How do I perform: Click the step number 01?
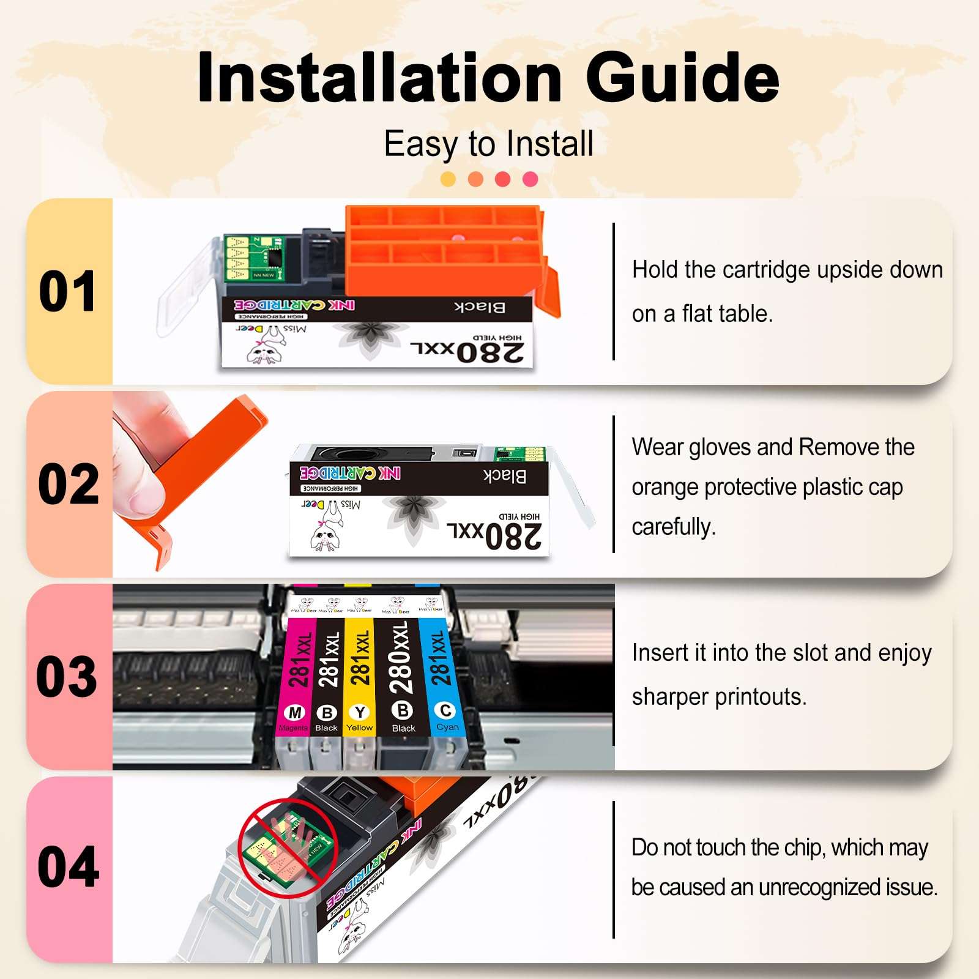[x=67, y=291]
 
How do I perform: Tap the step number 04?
[x=68, y=868]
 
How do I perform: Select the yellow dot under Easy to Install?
[x=448, y=179]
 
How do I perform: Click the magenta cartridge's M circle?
[x=295, y=713]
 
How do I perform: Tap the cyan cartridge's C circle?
[x=445, y=710]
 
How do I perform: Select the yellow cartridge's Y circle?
[x=360, y=712]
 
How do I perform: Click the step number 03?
[x=67, y=677]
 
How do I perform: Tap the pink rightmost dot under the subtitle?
[x=530, y=179]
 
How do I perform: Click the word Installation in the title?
[x=379, y=78]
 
